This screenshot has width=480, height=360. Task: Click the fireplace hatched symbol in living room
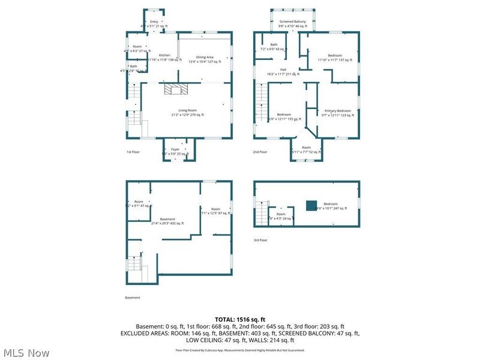tap(176, 89)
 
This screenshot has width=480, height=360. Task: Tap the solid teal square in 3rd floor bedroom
tap(310, 205)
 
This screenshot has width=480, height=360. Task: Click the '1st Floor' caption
tap(134, 152)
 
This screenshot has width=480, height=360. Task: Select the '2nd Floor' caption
tap(260, 152)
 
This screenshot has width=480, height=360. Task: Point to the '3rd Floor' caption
tap(260, 240)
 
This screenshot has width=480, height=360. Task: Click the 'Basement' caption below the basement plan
tap(132, 298)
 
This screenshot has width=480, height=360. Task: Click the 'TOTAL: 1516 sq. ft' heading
tap(240, 319)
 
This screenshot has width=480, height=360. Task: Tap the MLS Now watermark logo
tap(26, 353)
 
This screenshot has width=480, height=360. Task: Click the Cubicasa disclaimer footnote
tap(240, 350)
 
